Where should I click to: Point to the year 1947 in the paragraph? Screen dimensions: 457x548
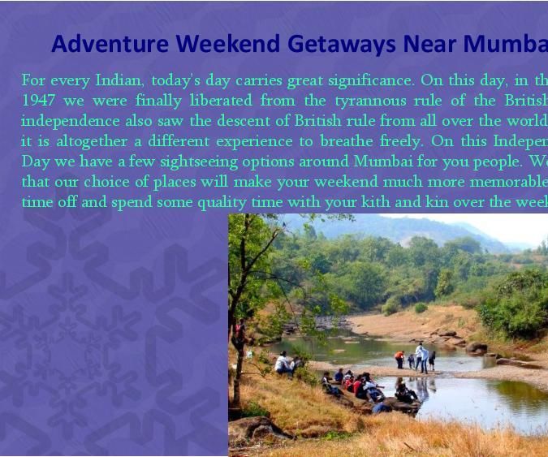(37, 101)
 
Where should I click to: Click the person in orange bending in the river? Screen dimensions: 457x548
(399, 359)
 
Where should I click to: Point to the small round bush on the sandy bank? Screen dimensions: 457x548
(421, 308)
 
